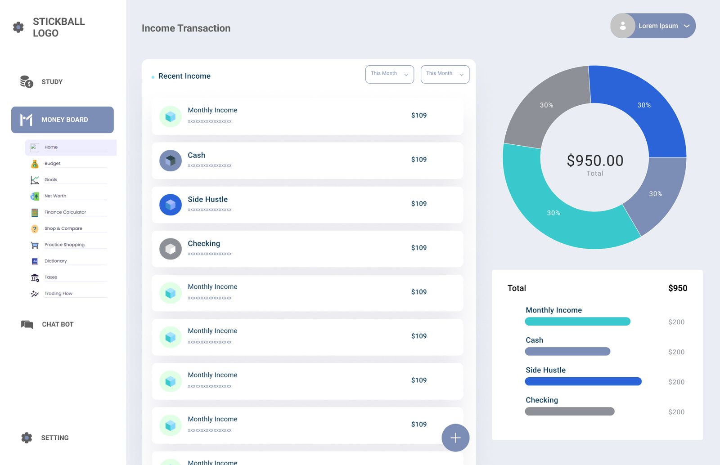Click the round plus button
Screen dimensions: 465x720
[x=455, y=438]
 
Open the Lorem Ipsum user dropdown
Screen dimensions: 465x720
[x=653, y=26]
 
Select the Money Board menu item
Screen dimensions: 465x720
[x=63, y=120]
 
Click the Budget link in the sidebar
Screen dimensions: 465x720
[x=52, y=164]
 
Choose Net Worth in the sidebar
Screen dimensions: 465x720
[x=55, y=196]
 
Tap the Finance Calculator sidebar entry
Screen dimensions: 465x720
[x=65, y=212]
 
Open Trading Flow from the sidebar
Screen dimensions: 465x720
[x=58, y=294]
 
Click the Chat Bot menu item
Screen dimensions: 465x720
[x=57, y=324]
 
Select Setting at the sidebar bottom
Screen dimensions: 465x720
[x=54, y=438]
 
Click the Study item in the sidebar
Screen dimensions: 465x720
[x=52, y=82]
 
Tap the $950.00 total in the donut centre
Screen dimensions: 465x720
[x=595, y=161]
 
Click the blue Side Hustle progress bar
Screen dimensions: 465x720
[x=583, y=381]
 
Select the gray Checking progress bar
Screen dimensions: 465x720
[x=569, y=411]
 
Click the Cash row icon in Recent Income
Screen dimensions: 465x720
[x=171, y=161]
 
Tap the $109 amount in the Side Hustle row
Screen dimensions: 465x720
[x=418, y=204]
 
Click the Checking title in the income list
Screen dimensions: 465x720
[x=204, y=244]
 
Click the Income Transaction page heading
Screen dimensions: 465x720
[x=186, y=28]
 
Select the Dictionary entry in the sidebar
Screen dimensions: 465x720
[x=55, y=261]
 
